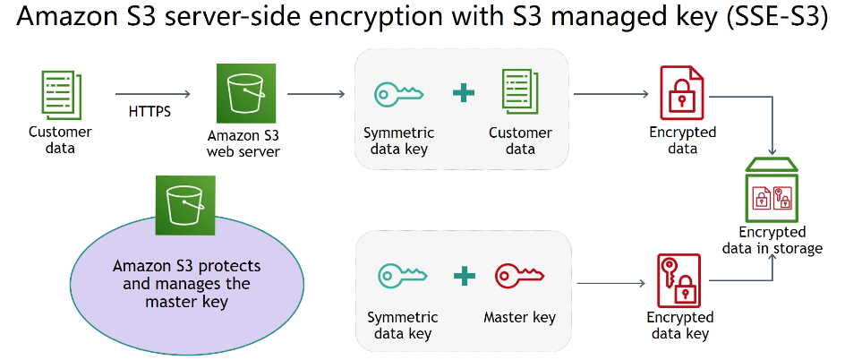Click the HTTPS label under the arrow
click(x=149, y=112)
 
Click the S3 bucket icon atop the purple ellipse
click(x=184, y=204)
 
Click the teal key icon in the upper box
click(x=398, y=94)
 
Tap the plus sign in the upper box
click(x=463, y=94)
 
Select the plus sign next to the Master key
click(x=463, y=276)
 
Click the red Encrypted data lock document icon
click(x=681, y=93)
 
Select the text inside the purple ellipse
click(x=186, y=284)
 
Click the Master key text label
click(x=519, y=317)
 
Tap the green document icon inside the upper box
click(x=520, y=94)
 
